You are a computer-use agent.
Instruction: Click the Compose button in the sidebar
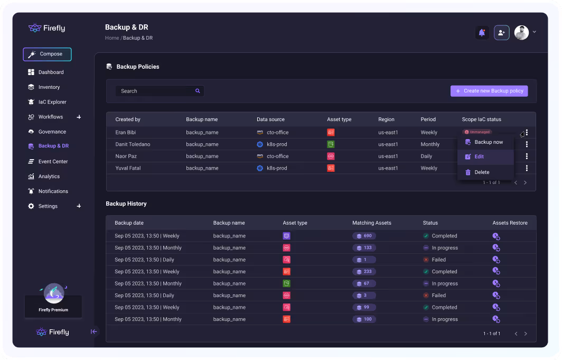[47, 54]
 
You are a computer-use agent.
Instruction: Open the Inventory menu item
[49, 87]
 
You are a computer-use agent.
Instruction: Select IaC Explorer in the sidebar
[52, 102]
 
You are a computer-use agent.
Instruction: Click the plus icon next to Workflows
[79, 117]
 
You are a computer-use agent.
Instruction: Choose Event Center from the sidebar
[53, 162]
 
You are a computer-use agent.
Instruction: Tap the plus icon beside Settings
[79, 206]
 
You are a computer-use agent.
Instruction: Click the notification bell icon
[482, 33]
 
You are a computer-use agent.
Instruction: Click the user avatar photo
[521, 33]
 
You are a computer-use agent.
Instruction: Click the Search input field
[156, 91]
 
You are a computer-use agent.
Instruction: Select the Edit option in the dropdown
[479, 157]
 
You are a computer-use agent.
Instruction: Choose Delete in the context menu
[482, 172]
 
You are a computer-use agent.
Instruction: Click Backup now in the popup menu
[489, 142]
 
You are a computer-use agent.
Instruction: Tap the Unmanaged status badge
[477, 132]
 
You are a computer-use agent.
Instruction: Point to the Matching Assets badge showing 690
[364, 236]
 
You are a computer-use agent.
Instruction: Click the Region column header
[386, 119]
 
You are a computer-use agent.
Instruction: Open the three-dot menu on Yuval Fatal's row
[527, 168]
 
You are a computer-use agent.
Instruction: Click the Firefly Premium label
[53, 310]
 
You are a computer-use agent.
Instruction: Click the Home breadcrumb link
[111, 38]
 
